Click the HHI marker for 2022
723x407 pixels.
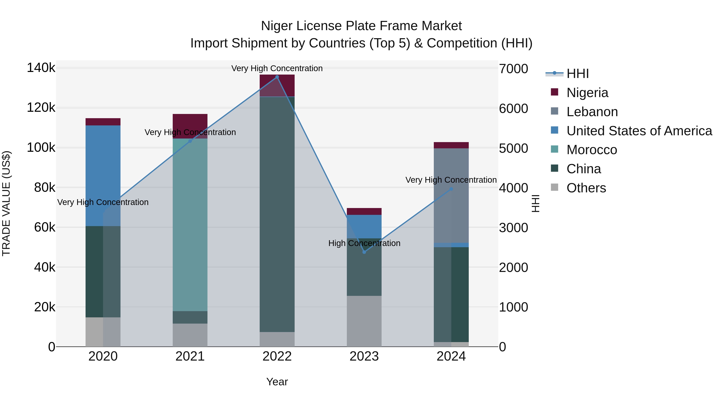click(277, 77)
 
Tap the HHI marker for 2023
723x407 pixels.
click(364, 252)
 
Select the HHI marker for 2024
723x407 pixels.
click(451, 189)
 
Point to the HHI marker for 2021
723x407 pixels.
click(190, 141)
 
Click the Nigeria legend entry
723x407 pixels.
click(587, 93)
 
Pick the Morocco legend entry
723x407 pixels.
click(592, 150)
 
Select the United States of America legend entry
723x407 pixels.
click(639, 131)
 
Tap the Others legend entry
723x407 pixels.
click(586, 188)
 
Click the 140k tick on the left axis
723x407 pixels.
click(41, 68)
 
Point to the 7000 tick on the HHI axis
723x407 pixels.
click(513, 69)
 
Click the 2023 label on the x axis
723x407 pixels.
click(364, 356)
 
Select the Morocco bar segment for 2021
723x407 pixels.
click(190, 225)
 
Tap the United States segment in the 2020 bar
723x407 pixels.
click(103, 175)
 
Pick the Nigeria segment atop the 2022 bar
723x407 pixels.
click(277, 85)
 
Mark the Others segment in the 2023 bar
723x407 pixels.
click(364, 321)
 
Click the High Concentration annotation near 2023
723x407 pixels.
click(364, 243)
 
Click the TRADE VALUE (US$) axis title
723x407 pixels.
click(6, 203)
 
